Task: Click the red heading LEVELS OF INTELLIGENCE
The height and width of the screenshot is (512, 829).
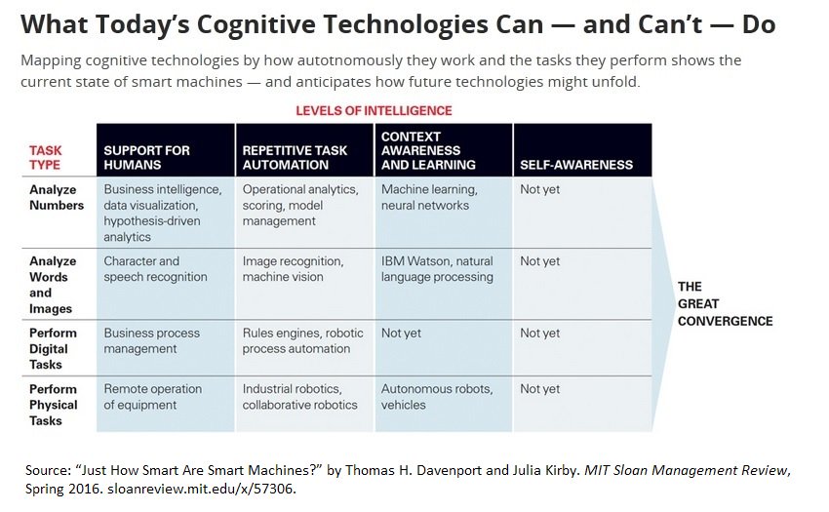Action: point(374,111)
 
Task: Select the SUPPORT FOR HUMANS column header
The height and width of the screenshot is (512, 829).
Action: point(146,158)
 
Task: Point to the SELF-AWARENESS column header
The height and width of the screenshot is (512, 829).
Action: point(576,165)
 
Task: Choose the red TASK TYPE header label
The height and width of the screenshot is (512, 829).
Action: point(45,158)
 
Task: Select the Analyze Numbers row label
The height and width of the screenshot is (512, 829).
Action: point(57,197)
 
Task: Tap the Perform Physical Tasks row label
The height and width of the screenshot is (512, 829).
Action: point(53,405)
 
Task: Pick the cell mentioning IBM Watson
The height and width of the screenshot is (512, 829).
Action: point(437,269)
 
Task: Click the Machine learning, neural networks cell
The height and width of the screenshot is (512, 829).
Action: point(429,197)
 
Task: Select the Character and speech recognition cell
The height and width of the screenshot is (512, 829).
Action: point(155,269)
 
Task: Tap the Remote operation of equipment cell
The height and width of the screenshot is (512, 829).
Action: point(153,397)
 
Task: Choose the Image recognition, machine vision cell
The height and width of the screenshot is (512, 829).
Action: point(293,269)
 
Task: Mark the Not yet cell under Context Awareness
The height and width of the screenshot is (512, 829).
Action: point(401,334)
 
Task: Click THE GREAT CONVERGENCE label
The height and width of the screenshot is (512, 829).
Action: point(725,304)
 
